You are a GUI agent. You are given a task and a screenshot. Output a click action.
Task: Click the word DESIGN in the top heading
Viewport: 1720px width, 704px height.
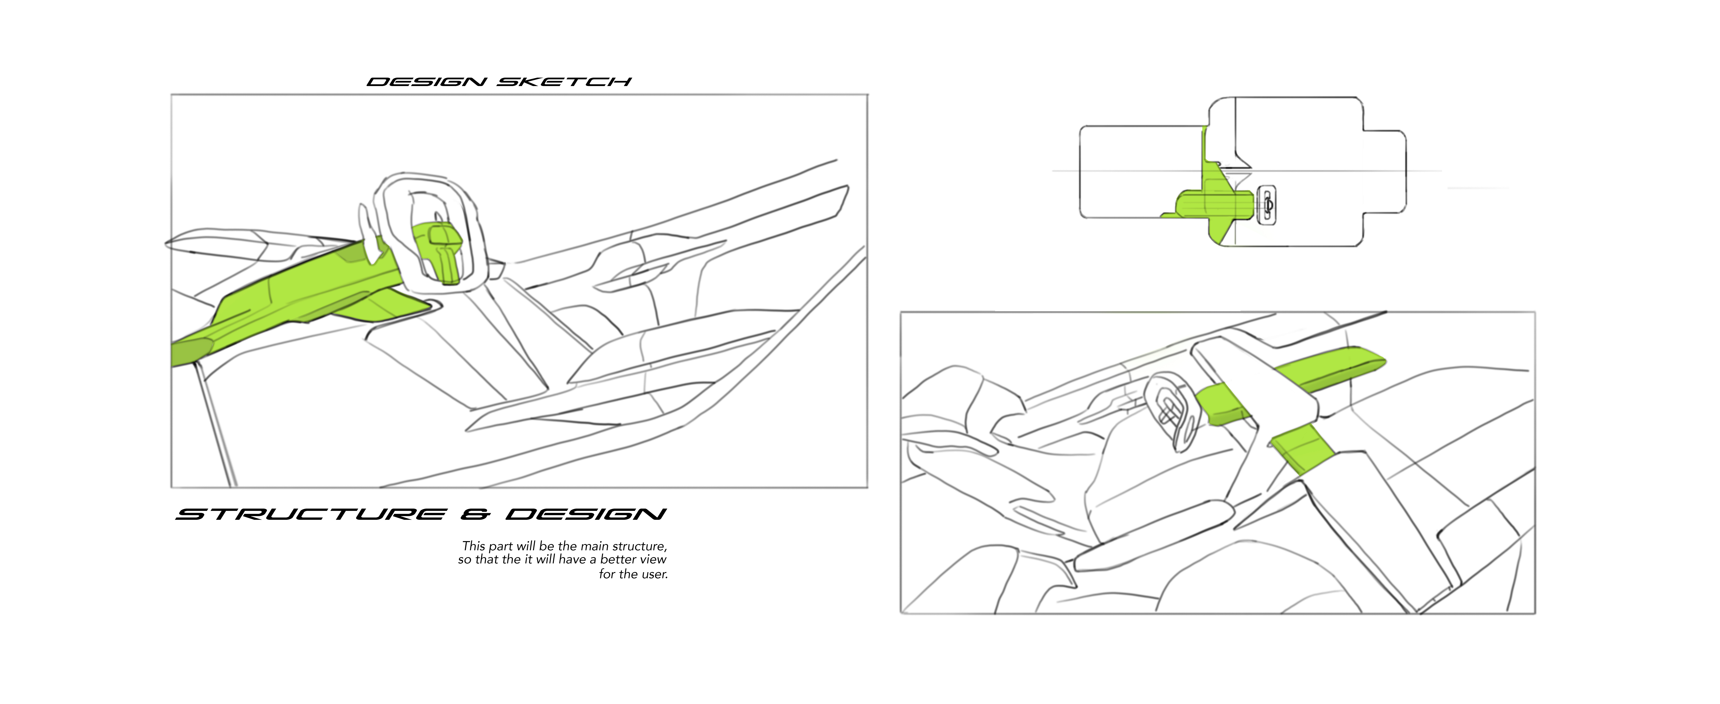click(x=426, y=82)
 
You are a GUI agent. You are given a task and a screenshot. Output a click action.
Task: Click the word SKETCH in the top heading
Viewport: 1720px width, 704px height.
click(x=564, y=82)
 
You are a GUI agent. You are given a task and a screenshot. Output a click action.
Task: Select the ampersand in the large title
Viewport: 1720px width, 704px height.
click(x=475, y=514)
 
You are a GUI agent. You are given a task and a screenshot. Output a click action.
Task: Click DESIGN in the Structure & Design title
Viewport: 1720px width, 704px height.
click(x=586, y=514)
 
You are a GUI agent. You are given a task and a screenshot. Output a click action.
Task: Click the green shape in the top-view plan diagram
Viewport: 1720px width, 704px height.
click(x=1212, y=200)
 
